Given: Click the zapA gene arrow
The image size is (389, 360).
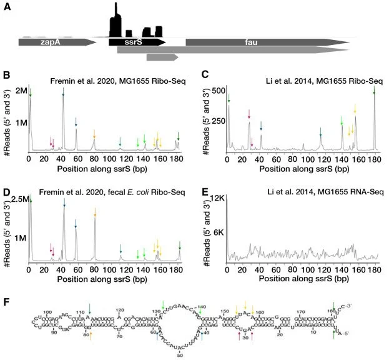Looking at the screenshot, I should (56, 42).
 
